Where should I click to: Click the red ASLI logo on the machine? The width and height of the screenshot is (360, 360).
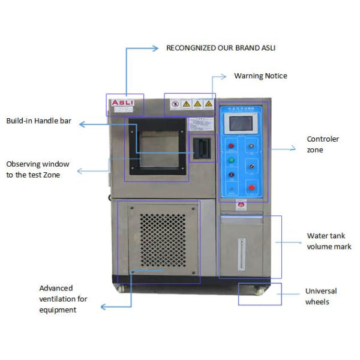tap(125, 104)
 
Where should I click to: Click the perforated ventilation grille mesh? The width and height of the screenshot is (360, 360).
tap(164, 240)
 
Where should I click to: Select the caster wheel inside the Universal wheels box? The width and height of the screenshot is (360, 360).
tap(259, 292)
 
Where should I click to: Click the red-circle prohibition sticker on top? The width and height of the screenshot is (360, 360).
tap(174, 104)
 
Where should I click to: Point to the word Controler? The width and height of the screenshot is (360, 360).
tap(323, 139)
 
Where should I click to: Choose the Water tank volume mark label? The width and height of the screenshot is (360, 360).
tap(329, 241)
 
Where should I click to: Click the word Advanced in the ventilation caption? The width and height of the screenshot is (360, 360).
tap(56, 288)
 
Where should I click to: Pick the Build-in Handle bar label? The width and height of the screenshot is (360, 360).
tap(39, 121)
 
